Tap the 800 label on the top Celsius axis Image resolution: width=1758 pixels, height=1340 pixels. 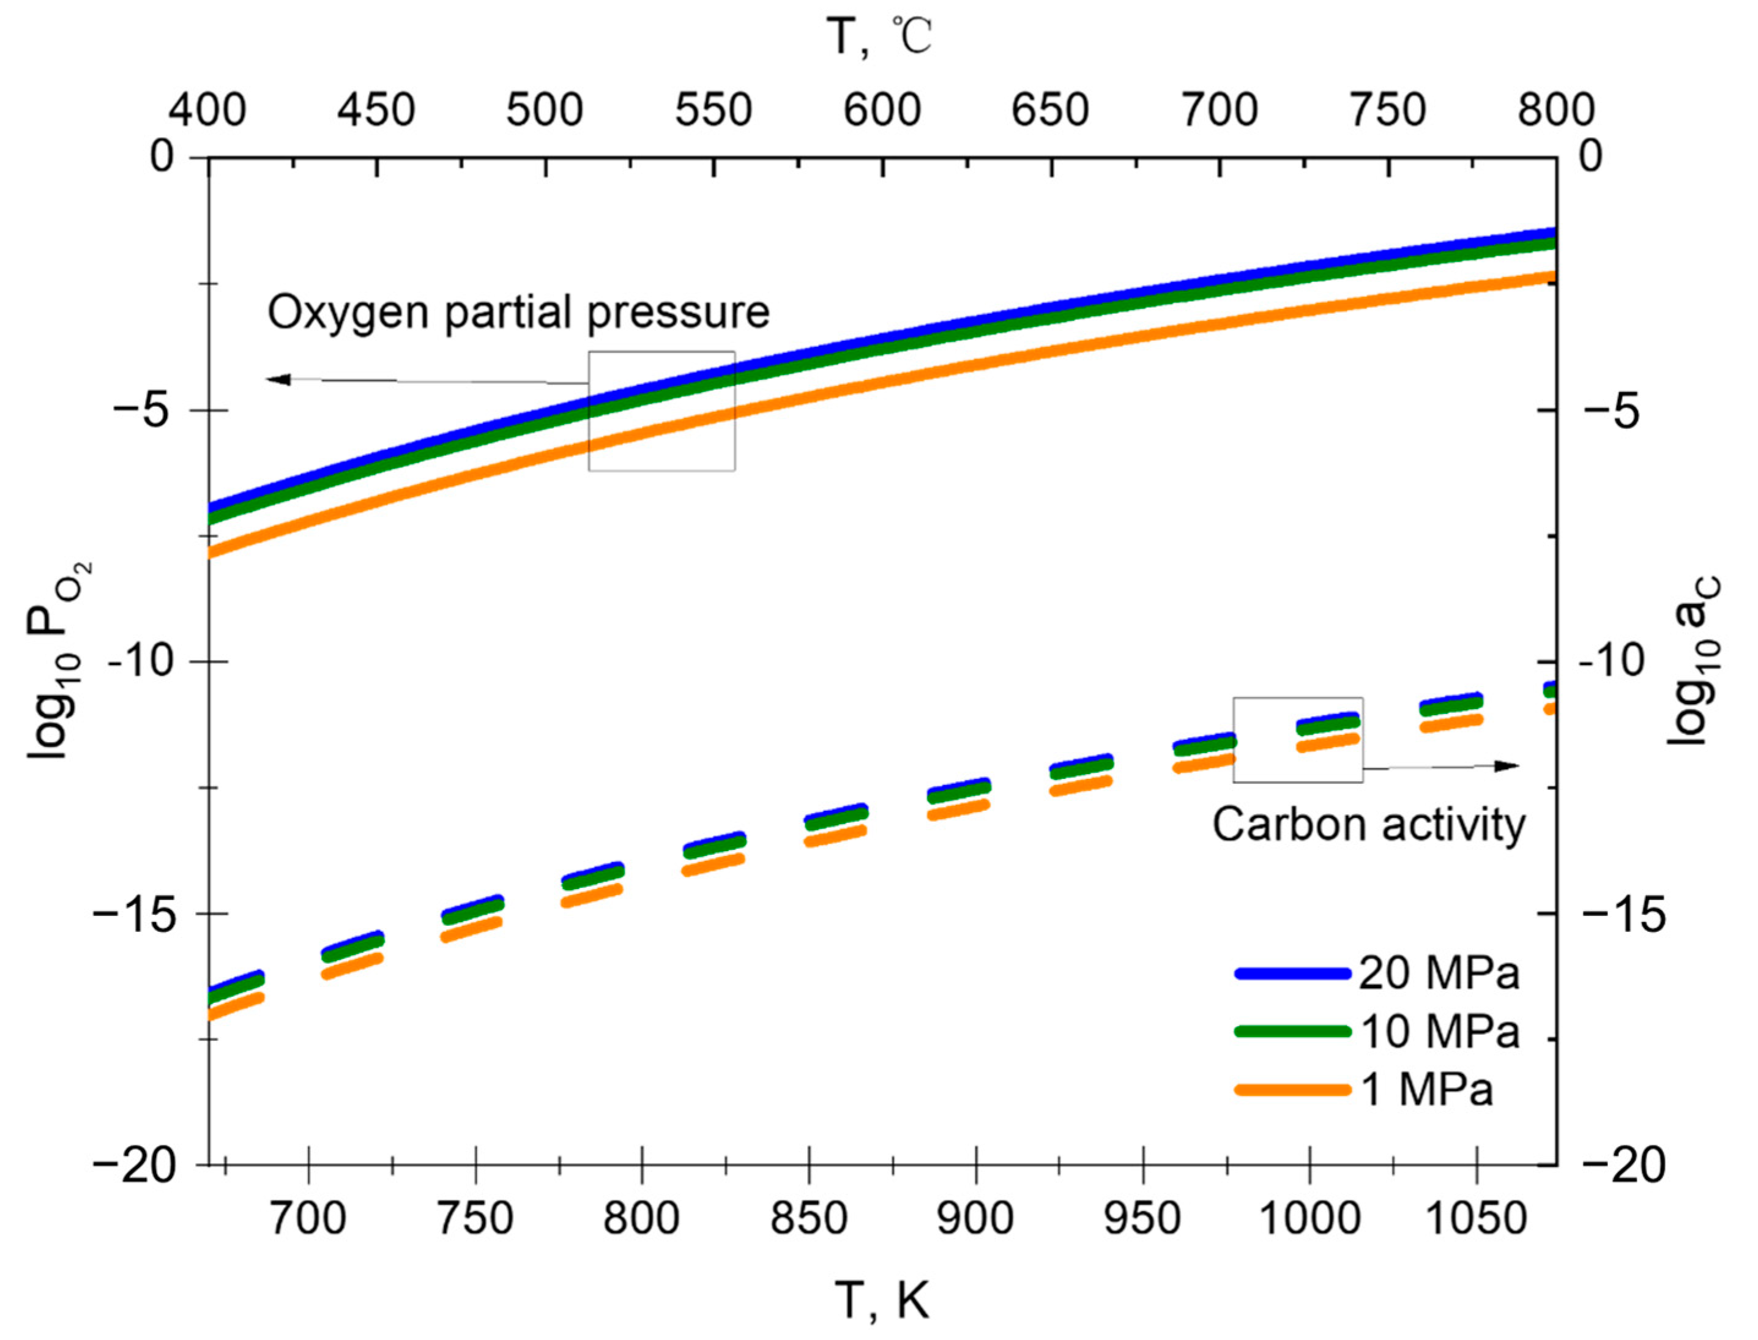[1555, 110]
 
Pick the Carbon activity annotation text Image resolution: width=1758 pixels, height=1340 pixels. [1368, 824]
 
